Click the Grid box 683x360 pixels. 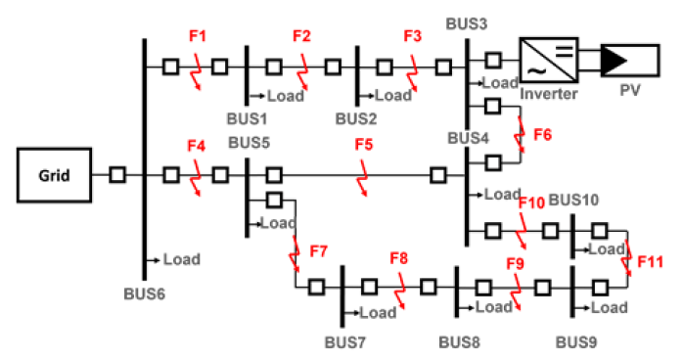[54, 176]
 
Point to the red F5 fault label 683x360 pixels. [364, 145]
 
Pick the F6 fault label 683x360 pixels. [542, 135]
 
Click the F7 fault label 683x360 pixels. [318, 252]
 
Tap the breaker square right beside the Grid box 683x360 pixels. [116, 175]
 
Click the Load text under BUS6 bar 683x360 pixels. [181, 259]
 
